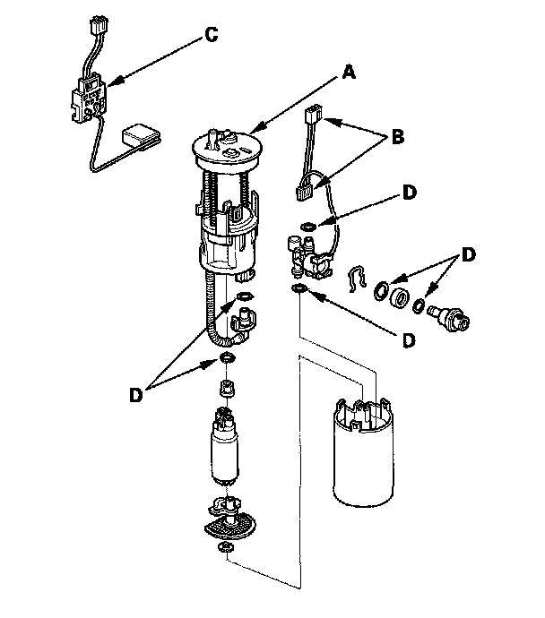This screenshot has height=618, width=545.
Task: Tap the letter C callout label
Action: click(x=210, y=35)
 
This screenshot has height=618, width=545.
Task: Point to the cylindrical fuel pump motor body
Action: click(x=224, y=455)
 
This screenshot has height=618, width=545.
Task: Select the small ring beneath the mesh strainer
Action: click(x=227, y=546)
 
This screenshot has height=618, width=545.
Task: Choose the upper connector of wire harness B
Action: click(x=312, y=118)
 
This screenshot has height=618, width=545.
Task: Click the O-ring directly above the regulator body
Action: click(x=307, y=226)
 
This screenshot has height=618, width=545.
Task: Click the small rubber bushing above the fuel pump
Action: click(x=227, y=388)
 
